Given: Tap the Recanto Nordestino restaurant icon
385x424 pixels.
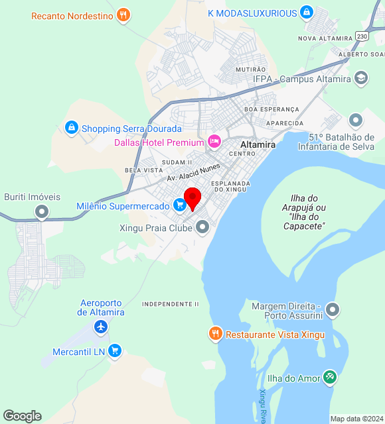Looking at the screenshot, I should tap(122, 15).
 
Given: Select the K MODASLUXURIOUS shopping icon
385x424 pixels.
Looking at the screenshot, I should tap(306, 13).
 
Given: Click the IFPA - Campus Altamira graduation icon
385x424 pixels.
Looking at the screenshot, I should tap(360, 79).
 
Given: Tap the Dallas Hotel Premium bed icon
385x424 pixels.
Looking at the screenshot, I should tap(214, 141).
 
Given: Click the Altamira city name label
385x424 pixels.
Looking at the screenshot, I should tap(258, 144).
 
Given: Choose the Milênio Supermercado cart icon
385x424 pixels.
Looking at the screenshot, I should tap(179, 206).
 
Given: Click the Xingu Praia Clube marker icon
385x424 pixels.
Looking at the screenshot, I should tap(202, 229).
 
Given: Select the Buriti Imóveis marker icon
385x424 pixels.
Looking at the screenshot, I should tap(42, 212).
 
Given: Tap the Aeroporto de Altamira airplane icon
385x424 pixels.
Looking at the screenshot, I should tap(100, 327).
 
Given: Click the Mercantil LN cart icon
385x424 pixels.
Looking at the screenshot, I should tap(115, 350).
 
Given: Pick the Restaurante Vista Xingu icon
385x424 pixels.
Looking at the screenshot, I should tap(215, 334).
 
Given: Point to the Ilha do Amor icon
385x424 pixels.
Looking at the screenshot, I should tap(330, 378).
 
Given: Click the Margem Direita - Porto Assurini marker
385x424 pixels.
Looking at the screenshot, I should tap(333, 309).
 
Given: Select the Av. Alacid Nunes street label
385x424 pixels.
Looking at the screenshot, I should tap(193, 173).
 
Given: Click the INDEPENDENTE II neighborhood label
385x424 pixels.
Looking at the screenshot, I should tap(171, 304).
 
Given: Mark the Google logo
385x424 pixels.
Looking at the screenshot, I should tap(22, 416).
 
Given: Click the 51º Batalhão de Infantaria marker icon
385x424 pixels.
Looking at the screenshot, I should tap(356, 120).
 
